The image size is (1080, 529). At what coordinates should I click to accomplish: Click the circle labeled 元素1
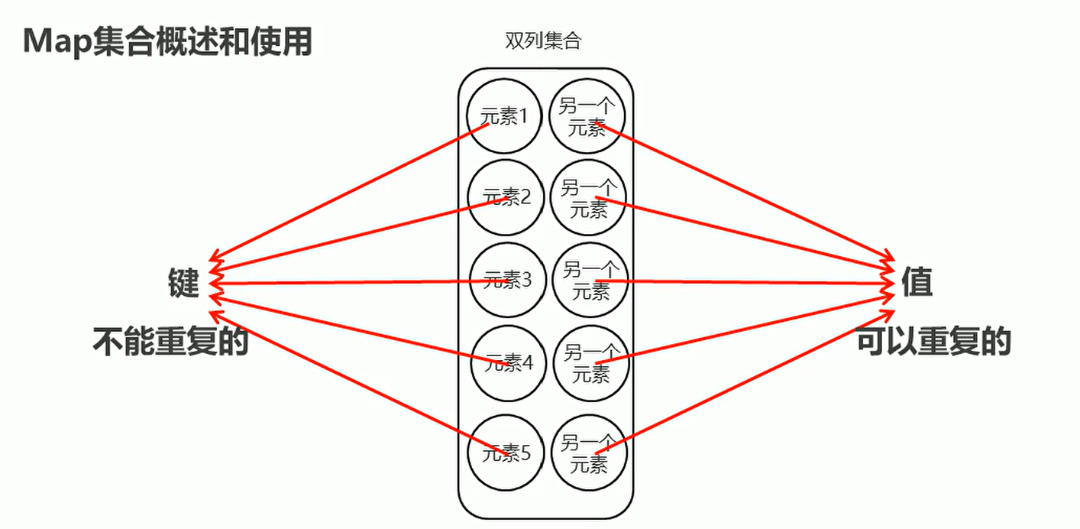(504, 117)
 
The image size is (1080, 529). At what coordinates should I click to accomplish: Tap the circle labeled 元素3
(507, 281)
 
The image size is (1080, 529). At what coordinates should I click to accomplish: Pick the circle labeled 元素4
(509, 362)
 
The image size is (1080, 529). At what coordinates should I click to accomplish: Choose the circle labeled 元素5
(506, 453)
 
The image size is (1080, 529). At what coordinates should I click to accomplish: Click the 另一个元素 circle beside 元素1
(587, 117)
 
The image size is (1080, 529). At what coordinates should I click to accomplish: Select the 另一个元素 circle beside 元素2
(589, 198)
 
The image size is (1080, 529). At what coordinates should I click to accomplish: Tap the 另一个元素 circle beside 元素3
(590, 281)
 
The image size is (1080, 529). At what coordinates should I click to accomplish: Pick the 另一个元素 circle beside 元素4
(590, 362)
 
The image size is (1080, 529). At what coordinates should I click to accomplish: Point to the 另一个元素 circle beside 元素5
(589, 453)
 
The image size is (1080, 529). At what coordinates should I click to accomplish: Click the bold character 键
(184, 283)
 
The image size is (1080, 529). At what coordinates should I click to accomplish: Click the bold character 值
(917, 282)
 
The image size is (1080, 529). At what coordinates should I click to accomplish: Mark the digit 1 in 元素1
(524, 117)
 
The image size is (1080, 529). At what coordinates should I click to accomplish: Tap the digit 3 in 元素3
(526, 281)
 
